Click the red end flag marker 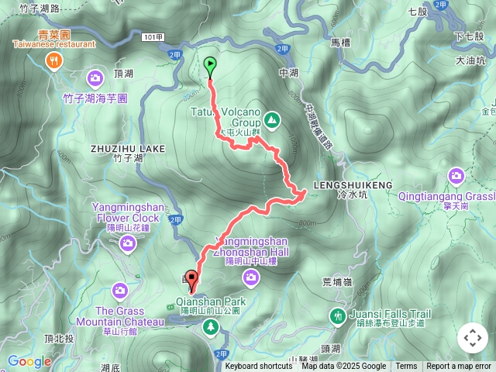(x=191, y=277)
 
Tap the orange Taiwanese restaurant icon (x=53, y=61)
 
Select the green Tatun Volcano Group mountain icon (x=271, y=120)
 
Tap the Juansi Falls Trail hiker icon (x=337, y=315)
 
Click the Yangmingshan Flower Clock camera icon (x=128, y=244)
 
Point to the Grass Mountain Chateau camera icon (x=119, y=290)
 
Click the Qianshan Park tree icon (x=210, y=328)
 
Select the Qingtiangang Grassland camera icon (x=456, y=176)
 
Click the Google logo (x=29, y=361)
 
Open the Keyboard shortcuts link (x=259, y=367)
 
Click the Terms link (x=406, y=367)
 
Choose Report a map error (x=460, y=367)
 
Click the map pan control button (x=472, y=337)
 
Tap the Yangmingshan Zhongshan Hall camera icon (x=250, y=277)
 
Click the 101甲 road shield (x=154, y=37)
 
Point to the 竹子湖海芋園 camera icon (x=95, y=77)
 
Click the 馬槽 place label (x=340, y=41)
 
